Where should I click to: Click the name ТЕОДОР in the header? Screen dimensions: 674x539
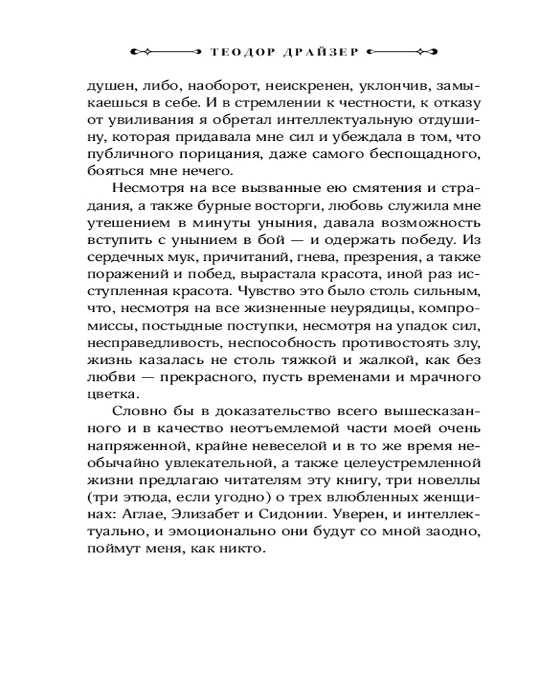[x=233, y=51]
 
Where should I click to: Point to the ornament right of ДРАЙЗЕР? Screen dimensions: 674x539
[x=404, y=51]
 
